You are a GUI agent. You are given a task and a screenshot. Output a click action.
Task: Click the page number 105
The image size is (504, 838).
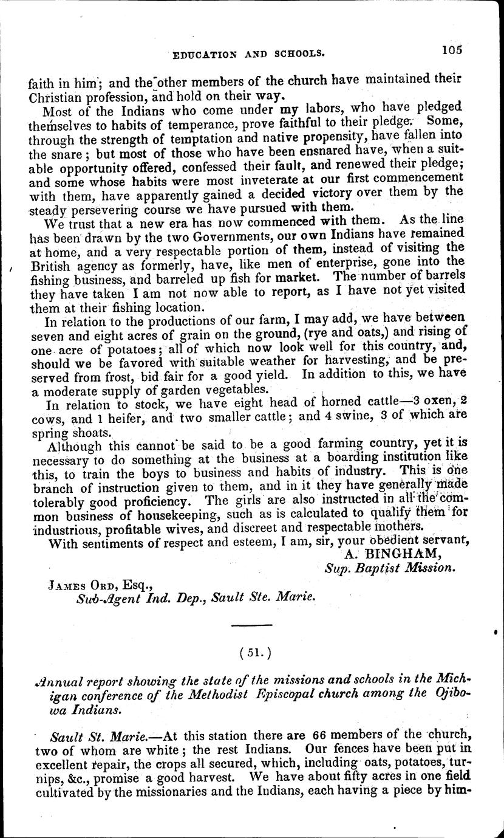[453, 51]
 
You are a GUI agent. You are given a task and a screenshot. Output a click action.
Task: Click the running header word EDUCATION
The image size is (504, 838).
[208, 53]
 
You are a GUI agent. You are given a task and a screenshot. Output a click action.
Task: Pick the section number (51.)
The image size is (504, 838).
[254, 652]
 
